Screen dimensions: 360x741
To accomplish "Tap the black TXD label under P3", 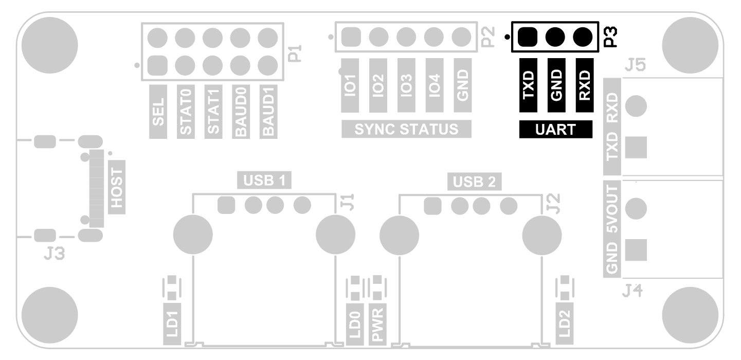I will coord(528,85).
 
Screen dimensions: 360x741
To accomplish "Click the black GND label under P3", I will coord(556,85).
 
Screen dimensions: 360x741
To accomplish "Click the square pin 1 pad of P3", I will coord(528,37).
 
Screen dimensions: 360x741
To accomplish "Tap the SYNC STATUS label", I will coord(406,129).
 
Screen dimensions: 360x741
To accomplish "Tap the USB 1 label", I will coord(264,180).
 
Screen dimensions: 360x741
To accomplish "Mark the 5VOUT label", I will coord(612,214).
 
